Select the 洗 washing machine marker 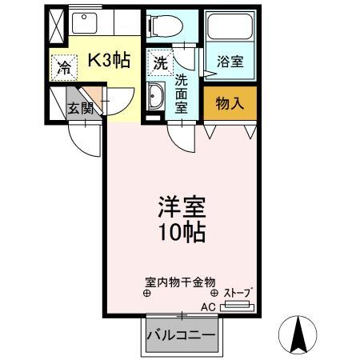coord(159,62)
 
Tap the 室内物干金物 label coord(180,282)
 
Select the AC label coord(207,306)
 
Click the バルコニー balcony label coord(180,335)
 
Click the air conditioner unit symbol coord(237,306)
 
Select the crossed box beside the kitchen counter coord(56,27)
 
